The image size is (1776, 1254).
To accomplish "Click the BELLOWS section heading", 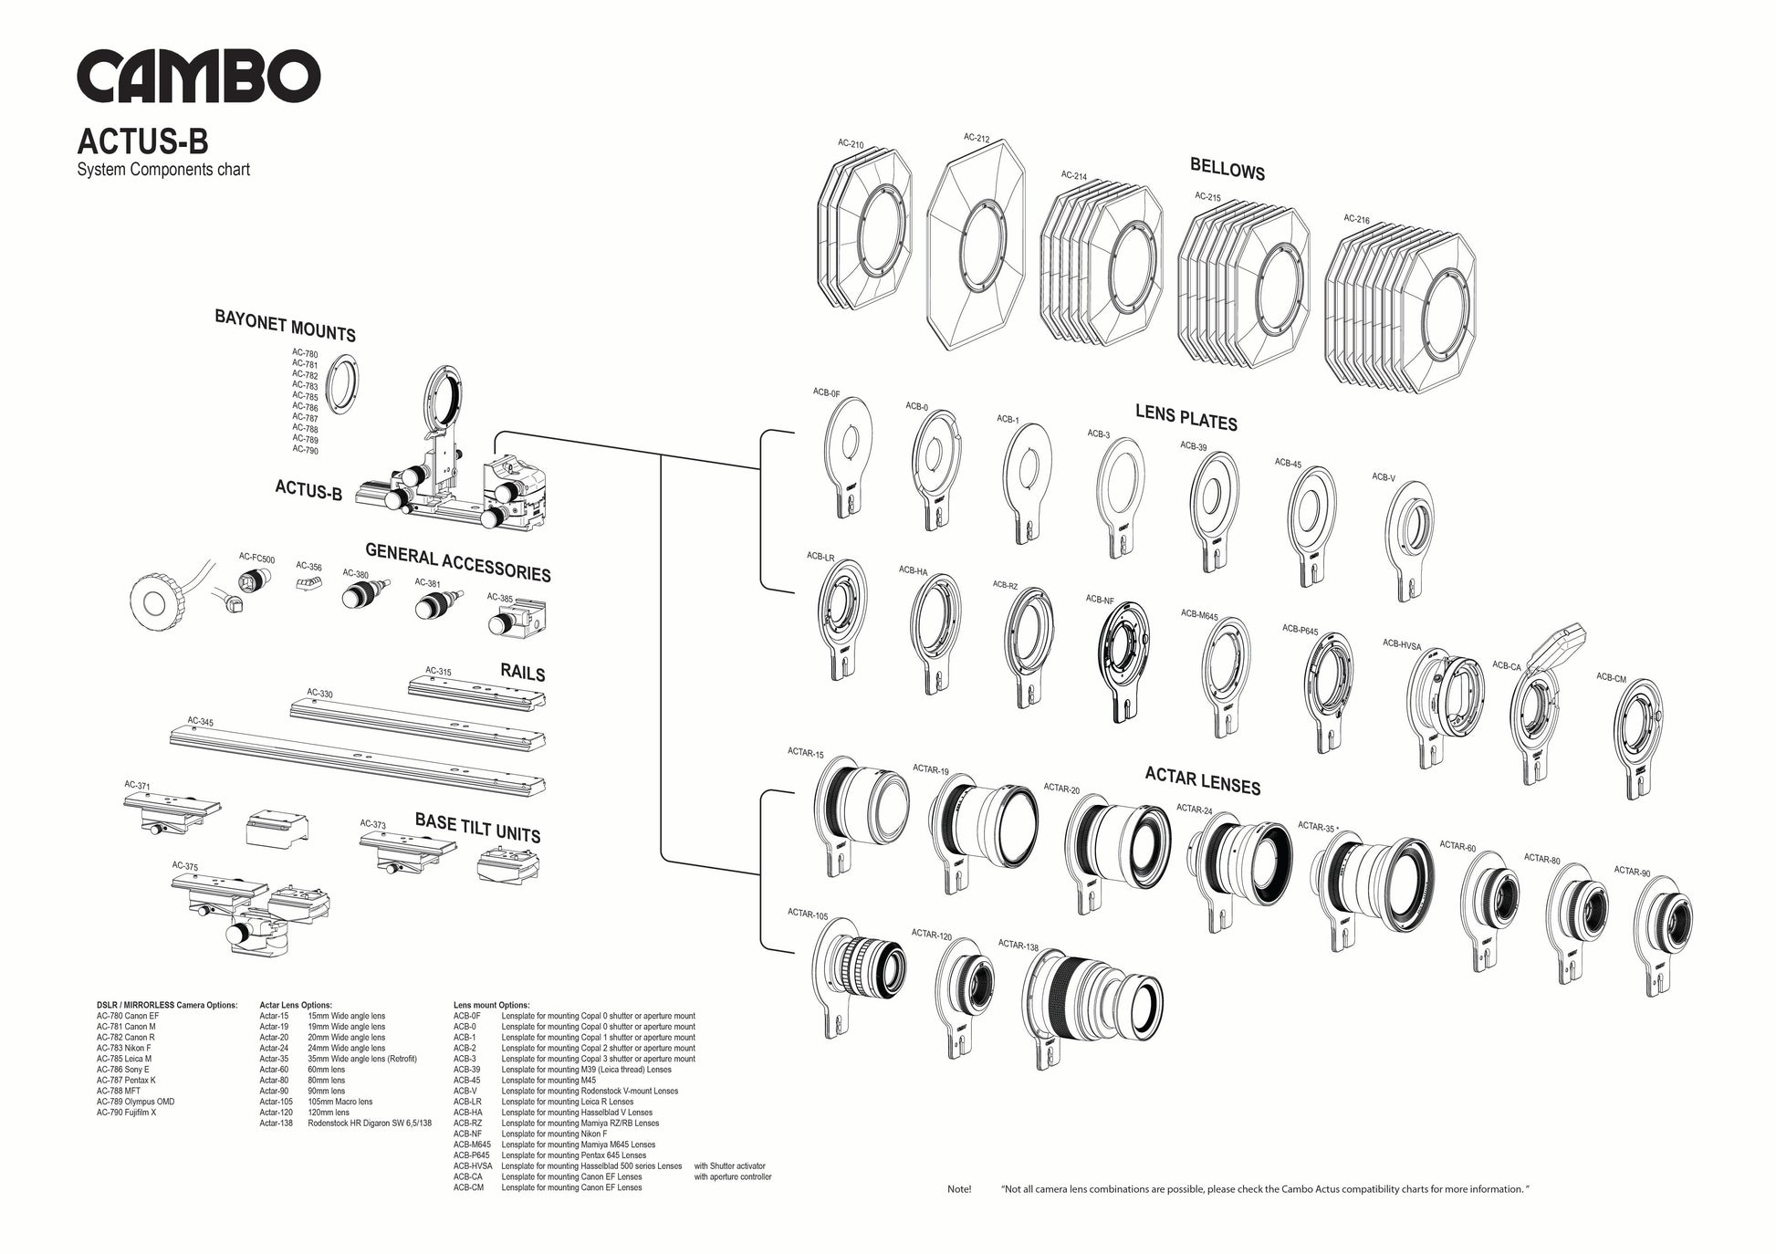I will coord(1227,170).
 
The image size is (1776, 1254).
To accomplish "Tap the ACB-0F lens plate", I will coord(845,456).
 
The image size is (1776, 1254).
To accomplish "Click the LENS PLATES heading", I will coord(1186,417).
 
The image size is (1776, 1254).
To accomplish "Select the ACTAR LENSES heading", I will coord(1202,781).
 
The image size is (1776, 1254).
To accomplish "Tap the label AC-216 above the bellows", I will coord(1356,219).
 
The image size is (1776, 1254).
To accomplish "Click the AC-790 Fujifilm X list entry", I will coord(127,1113).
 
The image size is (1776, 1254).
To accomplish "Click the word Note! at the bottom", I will coord(959,1189).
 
